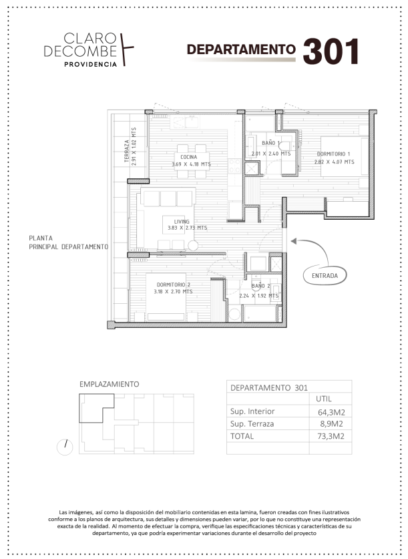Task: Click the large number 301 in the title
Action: [331, 51]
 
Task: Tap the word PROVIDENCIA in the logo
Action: [91, 64]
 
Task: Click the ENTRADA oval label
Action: [325, 276]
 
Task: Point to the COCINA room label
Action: [188, 157]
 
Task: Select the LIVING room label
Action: [182, 221]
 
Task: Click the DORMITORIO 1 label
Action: [333, 154]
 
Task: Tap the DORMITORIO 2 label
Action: [174, 285]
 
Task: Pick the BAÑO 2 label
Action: [260, 286]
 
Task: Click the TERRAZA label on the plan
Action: [127, 151]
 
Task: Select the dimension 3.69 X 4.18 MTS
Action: [192, 164]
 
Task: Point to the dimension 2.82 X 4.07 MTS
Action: [335, 162]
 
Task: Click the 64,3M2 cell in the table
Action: [331, 413]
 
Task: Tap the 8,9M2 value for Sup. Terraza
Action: [331, 424]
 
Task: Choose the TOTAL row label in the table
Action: [242, 436]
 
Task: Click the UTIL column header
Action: [324, 399]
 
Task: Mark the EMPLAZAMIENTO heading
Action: [109, 384]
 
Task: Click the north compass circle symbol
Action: [65, 447]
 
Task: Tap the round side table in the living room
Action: [193, 246]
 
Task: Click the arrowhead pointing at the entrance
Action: [294, 241]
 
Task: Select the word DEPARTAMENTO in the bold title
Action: [241, 49]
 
